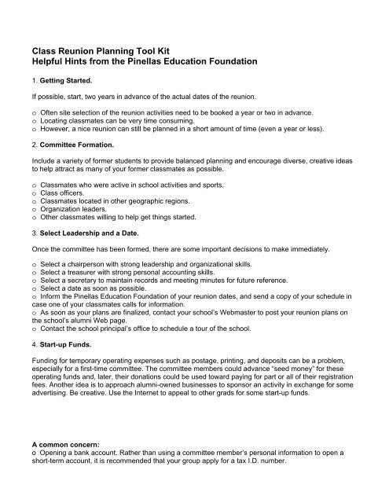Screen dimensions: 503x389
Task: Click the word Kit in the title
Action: [x=208, y=49]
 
